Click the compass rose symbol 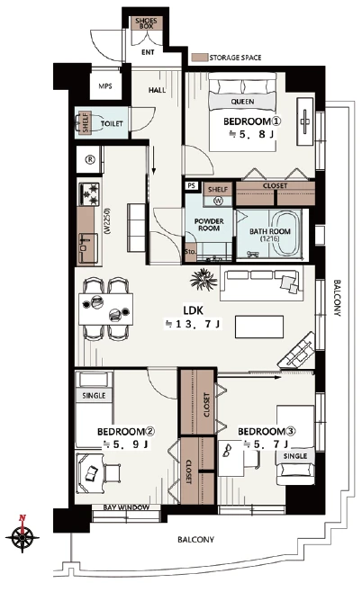click(23, 535)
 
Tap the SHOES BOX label click(146, 23)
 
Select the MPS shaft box click(105, 86)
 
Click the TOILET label click(112, 123)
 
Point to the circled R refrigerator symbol click(90, 160)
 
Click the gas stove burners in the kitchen click(89, 194)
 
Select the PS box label click(192, 186)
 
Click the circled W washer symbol click(218, 201)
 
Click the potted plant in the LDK click(204, 280)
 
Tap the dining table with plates click(105, 309)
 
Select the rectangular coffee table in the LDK click(259, 327)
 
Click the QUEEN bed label click(242, 102)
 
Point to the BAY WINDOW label click(126, 507)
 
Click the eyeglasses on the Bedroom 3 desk click(228, 451)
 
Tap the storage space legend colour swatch click(200, 58)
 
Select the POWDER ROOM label click(209, 225)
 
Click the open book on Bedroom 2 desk click(92, 473)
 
